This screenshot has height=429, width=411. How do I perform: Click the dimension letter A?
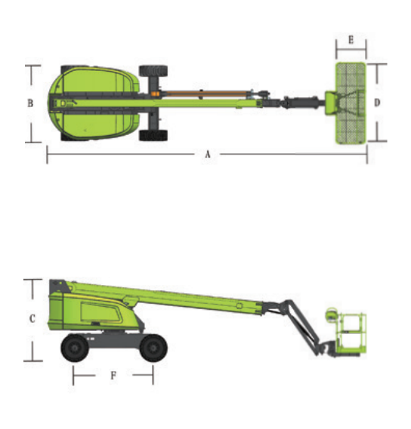208,155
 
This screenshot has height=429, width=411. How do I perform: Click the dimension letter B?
30,103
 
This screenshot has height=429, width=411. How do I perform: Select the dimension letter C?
32,318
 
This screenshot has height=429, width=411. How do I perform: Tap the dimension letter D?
377,103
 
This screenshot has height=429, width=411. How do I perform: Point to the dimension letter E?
351,40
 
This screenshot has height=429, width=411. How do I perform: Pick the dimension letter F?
113,375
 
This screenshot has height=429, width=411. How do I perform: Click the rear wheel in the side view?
75,348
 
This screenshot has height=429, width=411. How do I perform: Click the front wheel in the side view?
153,348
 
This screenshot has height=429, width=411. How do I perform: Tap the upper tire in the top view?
153,71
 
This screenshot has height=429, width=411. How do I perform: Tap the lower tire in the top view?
153,136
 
